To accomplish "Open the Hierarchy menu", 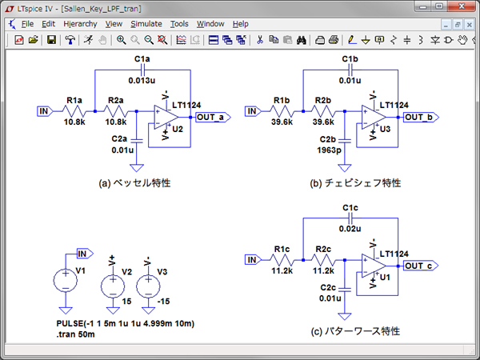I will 80,24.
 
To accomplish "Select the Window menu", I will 210,24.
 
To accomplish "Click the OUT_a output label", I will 214,117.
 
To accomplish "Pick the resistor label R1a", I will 74,100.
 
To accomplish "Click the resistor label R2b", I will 323,100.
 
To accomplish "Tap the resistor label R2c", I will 323,249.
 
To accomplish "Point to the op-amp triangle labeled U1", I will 373,266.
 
